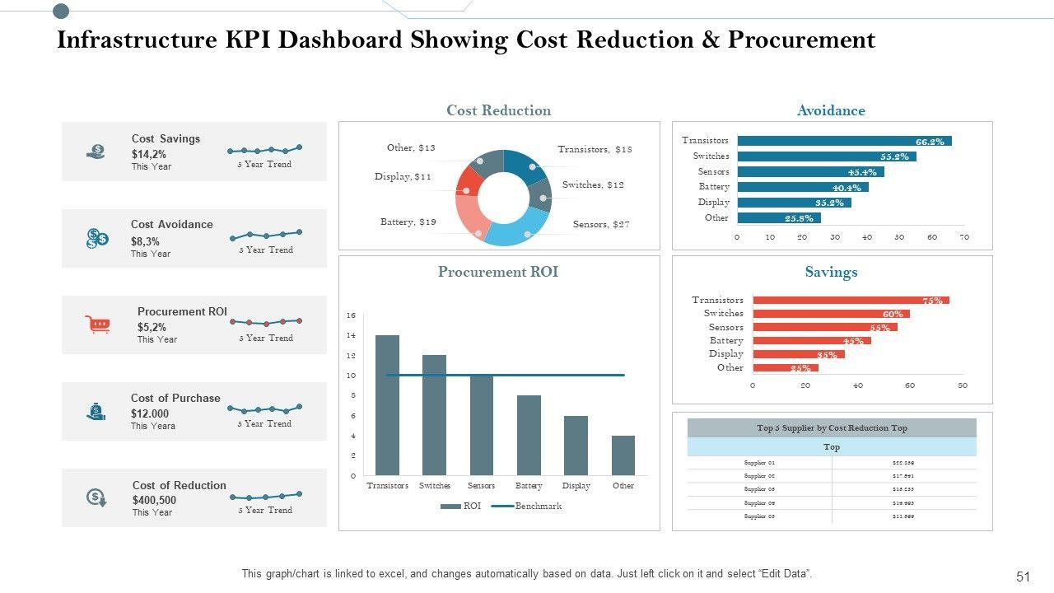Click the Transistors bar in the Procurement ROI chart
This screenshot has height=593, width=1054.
point(387,405)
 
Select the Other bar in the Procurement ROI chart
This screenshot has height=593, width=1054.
point(623,455)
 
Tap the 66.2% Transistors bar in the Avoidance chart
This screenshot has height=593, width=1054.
point(844,141)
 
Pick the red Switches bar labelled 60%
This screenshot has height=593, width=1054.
point(831,314)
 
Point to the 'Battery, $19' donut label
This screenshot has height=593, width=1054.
point(408,222)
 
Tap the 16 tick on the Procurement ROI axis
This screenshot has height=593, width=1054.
point(351,315)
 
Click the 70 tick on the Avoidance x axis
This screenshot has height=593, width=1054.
point(964,237)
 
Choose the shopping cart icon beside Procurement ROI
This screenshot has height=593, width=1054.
point(97,325)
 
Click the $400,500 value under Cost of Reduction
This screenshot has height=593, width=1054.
point(154,500)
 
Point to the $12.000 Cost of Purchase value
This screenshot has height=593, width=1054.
point(149,413)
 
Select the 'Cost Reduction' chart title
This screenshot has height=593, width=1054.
point(498,110)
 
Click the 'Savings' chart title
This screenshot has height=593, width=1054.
point(831,272)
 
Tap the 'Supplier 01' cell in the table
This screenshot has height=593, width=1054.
point(759,463)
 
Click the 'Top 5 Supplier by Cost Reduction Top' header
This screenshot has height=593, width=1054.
point(832,428)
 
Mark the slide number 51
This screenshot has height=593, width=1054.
point(1024,577)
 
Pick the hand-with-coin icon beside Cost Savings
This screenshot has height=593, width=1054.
point(96,152)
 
